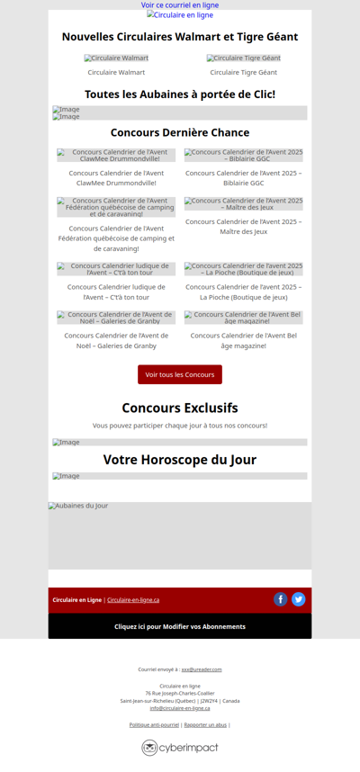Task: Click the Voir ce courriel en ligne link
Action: (x=180, y=5)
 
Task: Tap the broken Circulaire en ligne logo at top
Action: (x=180, y=15)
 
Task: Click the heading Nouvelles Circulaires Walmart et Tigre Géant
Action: (x=180, y=37)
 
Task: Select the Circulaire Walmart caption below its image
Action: (x=116, y=72)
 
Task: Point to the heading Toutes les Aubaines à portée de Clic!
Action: (x=180, y=94)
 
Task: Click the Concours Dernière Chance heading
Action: (x=180, y=132)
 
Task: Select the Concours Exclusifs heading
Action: (x=180, y=408)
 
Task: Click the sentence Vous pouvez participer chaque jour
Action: (x=180, y=425)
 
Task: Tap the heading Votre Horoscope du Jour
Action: (x=180, y=460)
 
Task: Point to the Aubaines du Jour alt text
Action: (x=78, y=506)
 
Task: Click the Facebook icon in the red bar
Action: (x=281, y=599)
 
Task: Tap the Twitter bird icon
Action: (x=299, y=599)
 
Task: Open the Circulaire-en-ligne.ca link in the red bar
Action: (x=133, y=600)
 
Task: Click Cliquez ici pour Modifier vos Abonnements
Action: (x=180, y=626)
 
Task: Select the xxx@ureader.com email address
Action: (x=202, y=669)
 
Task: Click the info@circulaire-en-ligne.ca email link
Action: (x=180, y=708)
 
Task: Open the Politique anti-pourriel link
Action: (x=154, y=724)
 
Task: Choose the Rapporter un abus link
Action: (x=205, y=724)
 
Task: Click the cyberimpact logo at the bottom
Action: (x=180, y=748)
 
